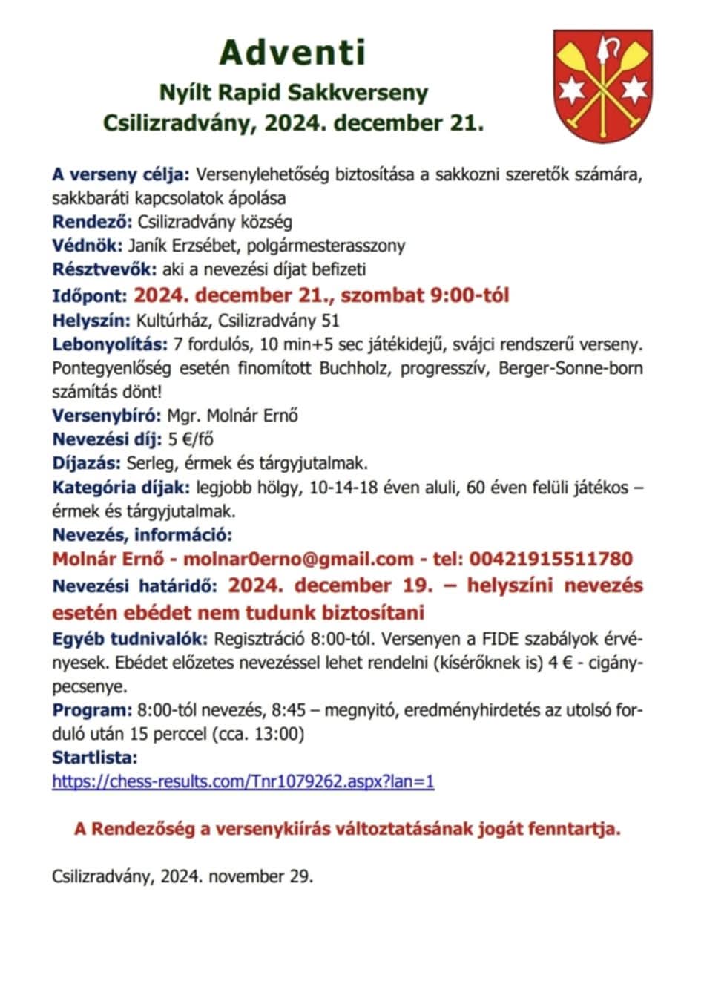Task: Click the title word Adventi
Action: click(293, 53)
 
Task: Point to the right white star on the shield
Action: click(631, 90)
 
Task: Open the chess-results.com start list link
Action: click(243, 781)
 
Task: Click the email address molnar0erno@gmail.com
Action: click(298, 559)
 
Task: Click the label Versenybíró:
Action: click(107, 416)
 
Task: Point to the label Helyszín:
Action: click(91, 321)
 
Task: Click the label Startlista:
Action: click(95, 758)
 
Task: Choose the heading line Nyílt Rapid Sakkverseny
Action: click(294, 93)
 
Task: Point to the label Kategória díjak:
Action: click(121, 488)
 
